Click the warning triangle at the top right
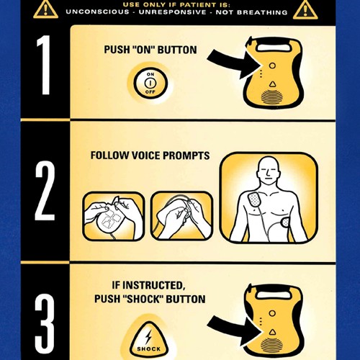click(x=305, y=9)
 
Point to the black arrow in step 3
click(x=229, y=325)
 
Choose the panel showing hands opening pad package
click(x=113, y=215)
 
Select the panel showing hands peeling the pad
click(x=181, y=215)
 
